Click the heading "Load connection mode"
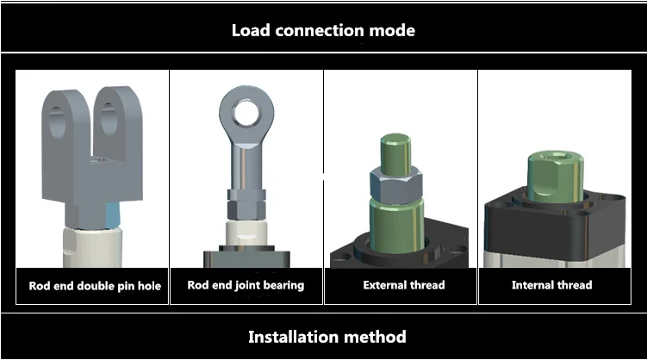coord(323,30)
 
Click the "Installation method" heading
coord(327,336)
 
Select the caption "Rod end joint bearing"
coord(246,285)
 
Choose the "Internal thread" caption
coord(551,285)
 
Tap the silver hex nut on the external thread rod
coord(395,183)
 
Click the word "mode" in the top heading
coord(392,30)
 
